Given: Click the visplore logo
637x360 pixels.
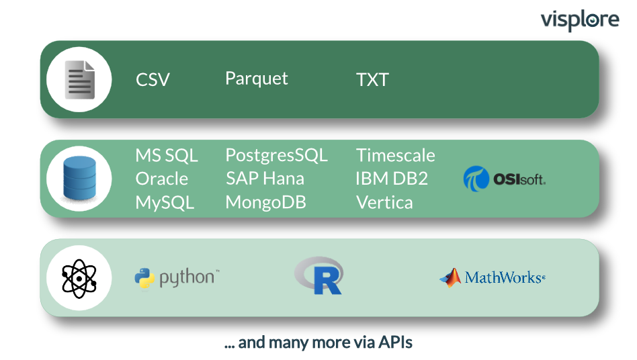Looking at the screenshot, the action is [x=580, y=20].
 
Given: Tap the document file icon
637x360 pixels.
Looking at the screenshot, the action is [x=80, y=79].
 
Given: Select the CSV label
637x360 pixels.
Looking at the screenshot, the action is [x=153, y=80].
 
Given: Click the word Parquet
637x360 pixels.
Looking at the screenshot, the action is [x=256, y=79].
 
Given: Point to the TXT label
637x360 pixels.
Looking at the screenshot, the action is [x=372, y=80].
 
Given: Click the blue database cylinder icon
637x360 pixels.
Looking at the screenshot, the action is [x=79, y=178].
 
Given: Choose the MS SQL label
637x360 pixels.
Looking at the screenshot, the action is [x=167, y=155].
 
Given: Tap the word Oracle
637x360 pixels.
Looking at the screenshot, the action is [x=162, y=179].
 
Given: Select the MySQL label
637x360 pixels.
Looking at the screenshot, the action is [x=165, y=203].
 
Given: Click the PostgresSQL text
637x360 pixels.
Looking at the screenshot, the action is [x=276, y=155].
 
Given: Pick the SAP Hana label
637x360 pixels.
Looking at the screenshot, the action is [x=265, y=179].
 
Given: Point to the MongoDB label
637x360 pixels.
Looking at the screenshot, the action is [x=265, y=202].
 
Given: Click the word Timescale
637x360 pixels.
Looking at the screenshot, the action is [x=395, y=155].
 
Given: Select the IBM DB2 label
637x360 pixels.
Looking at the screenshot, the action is [x=392, y=179].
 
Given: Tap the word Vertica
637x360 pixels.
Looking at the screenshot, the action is [x=384, y=202].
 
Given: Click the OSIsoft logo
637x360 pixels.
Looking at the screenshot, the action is [x=504, y=179].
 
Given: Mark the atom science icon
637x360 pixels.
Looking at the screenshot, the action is [x=79, y=279].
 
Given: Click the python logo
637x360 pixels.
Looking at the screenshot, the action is [x=177, y=278].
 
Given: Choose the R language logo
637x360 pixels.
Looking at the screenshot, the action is [x=319, y=275].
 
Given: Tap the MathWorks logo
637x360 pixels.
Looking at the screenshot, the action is [x=493, y=277].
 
